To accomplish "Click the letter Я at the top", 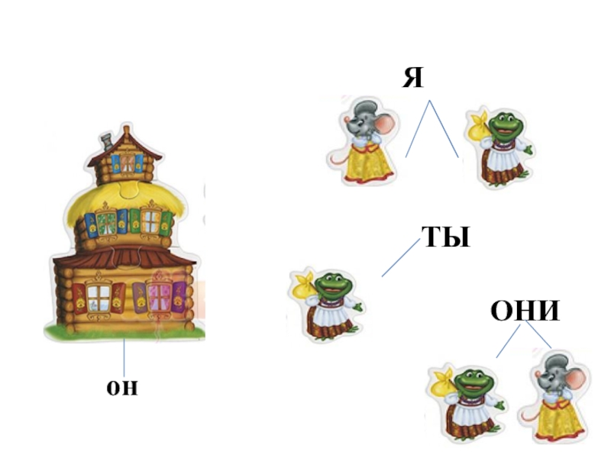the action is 412,78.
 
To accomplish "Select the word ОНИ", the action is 525,311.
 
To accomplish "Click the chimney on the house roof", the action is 105,140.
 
